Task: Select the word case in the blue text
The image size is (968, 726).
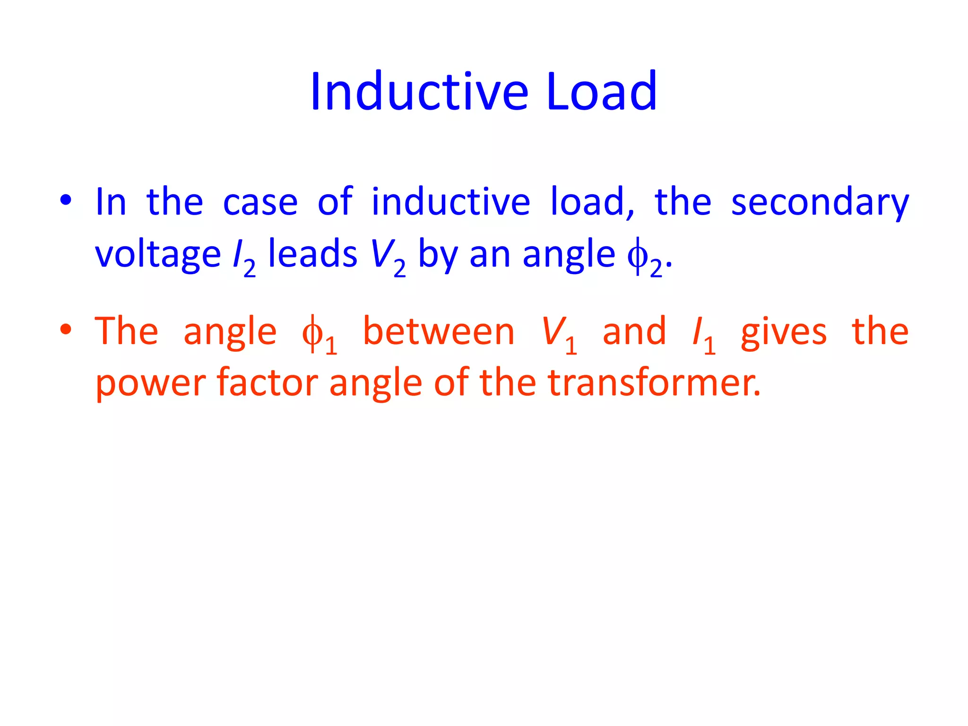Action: [260, 202]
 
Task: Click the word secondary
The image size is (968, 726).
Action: [820, 202]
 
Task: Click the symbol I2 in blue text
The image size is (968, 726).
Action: [244, 258]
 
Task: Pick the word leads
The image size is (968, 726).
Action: [312, 254]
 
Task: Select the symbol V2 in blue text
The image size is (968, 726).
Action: [388, 258]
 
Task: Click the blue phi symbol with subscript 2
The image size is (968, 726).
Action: [644, 258]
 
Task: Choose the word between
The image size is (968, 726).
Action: [438, 332]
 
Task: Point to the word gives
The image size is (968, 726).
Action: [783, 333]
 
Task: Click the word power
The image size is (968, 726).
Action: [150, 384]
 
